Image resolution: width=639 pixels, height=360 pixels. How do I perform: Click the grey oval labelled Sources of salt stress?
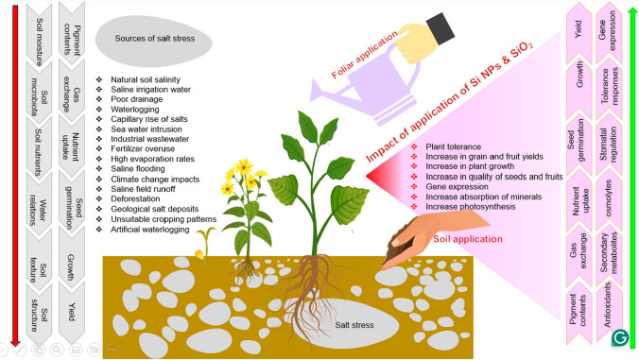pyautogui.click(x=154, y=40)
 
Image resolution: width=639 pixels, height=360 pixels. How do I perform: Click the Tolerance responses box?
pyautogui.click(x=609, y=86)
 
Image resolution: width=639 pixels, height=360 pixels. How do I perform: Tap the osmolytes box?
pyautogui.click(x=609, y=198)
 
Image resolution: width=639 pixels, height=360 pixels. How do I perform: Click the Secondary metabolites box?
pyautogui.click(x=609, y=254)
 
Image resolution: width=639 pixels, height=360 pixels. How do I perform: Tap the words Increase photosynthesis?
pyautogui.click(x=471, y=207)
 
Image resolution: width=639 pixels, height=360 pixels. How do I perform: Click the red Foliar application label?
pyautogui.click(x=364, y=54)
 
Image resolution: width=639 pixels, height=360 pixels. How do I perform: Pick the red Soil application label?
pyautogui.click(x=467, y=239)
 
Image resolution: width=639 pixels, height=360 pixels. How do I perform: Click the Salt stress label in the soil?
pyautogui.click(x=354, y=325)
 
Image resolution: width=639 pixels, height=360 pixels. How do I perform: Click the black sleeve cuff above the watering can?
pyautogui.click(x=440, y=29)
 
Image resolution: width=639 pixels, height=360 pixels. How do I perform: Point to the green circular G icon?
pyautogui.click(x=620, y=338)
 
